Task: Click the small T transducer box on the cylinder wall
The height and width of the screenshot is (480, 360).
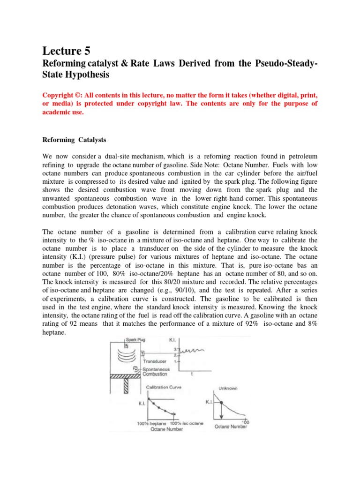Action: pyautogui.click(x=142, y=353)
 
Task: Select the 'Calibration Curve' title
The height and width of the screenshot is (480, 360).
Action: pyautogui.click(x=164, y=387)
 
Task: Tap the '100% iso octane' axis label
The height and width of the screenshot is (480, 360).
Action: pyautogui.click(x=186, y=423)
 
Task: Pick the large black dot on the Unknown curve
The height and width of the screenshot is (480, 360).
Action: pyautogui.click(x=221, y=402)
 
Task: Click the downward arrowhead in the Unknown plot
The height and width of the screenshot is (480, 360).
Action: pyautogui.click(x=221, y=417)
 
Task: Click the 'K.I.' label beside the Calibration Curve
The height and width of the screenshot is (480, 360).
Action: pyautogui.click(x=140, y=402)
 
